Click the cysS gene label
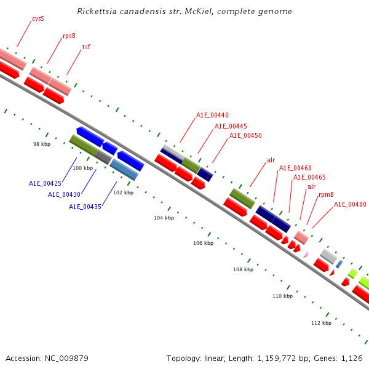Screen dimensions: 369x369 tap(38, 19)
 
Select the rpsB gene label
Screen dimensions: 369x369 tap(69, 36)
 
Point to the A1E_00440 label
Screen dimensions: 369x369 tap(212, 115)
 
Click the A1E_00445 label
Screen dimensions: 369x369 tap(231, 126)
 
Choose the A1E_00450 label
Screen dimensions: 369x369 tap(245, 135)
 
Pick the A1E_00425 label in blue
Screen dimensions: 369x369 tap(45, 183)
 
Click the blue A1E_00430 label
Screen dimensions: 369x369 tap(64, 194)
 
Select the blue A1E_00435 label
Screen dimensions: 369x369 tap(85, 207)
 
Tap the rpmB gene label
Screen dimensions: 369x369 tap(326, 195)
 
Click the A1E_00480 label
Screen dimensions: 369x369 tap(350, 204)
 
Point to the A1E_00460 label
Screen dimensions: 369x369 tap(295, 168)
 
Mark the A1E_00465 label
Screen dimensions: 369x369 tap(309, 177)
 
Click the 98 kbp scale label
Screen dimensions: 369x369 tap(42, 143)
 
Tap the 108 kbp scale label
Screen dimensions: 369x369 tap(243, 269)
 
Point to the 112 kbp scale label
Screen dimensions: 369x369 tap(321, 323)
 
